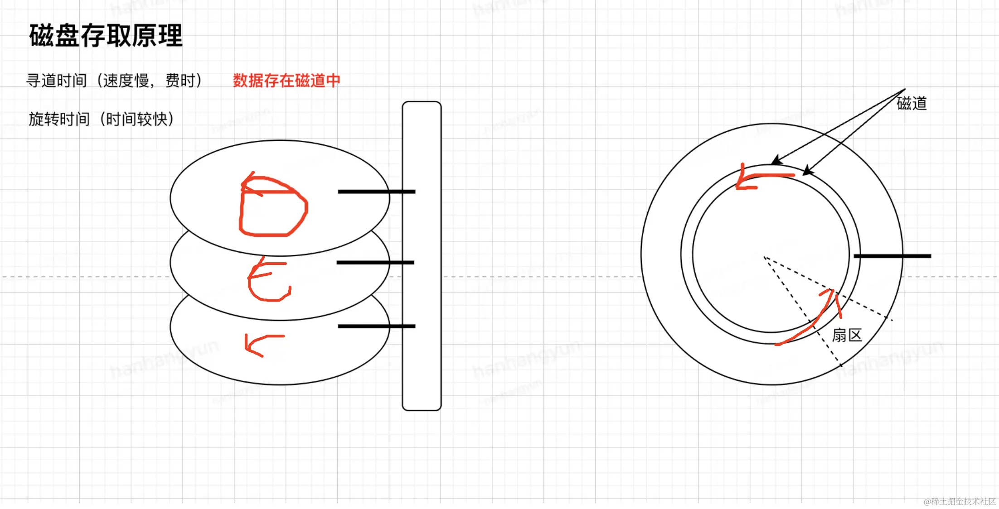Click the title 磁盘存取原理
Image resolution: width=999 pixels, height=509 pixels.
106,36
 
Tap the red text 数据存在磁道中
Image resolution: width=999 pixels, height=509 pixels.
286,81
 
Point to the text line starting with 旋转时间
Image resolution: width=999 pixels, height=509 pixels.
101,119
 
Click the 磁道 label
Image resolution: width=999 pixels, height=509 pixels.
912,104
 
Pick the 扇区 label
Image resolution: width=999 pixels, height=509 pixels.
847,336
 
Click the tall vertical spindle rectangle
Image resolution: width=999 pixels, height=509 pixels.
422,256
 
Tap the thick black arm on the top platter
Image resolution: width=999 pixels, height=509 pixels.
376,192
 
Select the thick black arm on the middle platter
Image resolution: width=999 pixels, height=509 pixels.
375,262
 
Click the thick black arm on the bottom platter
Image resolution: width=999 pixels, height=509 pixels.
376,326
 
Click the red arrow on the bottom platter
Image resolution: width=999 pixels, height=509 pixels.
263,344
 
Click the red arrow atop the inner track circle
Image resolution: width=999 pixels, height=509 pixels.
761,177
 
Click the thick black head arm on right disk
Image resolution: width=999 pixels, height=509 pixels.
892,256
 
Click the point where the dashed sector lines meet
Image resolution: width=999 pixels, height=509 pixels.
764,257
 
